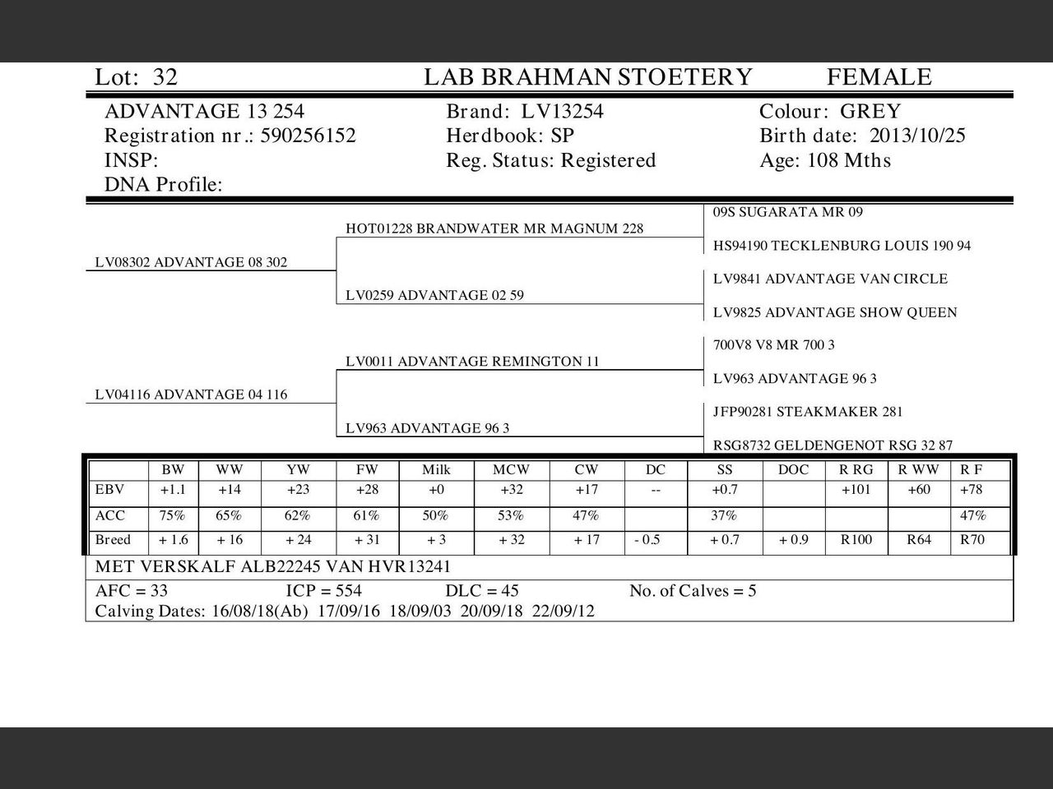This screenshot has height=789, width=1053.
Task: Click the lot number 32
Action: click(x=165, y=77)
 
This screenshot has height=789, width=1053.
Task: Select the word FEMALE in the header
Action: click(x=879, y=77)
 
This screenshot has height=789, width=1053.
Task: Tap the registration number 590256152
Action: click(x=308, y=136)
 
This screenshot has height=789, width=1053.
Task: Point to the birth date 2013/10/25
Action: click(x=917, y=136)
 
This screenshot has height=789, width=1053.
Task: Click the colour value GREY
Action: click(x=870, y=112)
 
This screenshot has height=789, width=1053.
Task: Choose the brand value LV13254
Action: click(x=563, y=112)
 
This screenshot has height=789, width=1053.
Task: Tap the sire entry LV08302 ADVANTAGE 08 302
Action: click(x=191, y=263)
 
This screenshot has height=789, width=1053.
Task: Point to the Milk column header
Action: click(x=436, y=470)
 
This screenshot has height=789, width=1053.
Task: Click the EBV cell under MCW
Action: click(x=511, y=490)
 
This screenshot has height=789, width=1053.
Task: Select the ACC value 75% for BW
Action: click(x=173, y=516)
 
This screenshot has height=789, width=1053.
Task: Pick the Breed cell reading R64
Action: click(x=919, y=540)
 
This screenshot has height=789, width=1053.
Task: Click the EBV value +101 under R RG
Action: click(x=856, y=490)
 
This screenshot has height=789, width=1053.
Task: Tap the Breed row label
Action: click(x=113, y=540)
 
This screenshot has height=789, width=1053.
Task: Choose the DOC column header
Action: click(x=793, y=470)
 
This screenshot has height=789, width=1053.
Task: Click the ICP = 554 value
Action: click(x=323, y=591)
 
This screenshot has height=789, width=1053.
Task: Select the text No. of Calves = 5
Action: click(x=693, y=591)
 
